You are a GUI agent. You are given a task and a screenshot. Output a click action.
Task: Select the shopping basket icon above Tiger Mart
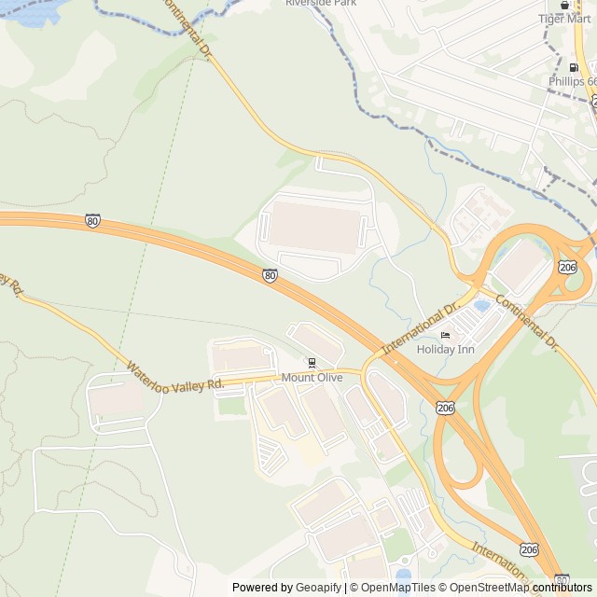pos(564,4)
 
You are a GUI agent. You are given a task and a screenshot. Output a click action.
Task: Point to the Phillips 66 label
pos(571,81)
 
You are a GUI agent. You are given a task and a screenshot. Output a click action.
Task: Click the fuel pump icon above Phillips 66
pos(573,67)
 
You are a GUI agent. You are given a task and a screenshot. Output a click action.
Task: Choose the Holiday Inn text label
pos(445,350)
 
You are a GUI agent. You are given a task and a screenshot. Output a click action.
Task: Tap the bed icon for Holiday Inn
pos(445,336)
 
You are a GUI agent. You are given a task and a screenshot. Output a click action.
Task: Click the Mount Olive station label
pos(312,378)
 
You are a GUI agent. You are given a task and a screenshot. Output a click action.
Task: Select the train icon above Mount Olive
pos(312,364)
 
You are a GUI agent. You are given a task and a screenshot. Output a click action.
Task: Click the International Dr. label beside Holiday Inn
pos(422,326)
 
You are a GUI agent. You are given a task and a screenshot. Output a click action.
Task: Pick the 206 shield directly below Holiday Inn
pos(445,408)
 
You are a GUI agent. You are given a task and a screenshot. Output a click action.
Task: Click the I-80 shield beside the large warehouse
pos(270,275)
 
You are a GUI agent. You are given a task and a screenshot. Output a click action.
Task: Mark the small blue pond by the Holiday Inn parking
pos(481,305)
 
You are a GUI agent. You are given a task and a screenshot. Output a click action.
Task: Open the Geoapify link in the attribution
pos(320,588)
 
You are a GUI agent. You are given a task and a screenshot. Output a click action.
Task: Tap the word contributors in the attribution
pos(562,588)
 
